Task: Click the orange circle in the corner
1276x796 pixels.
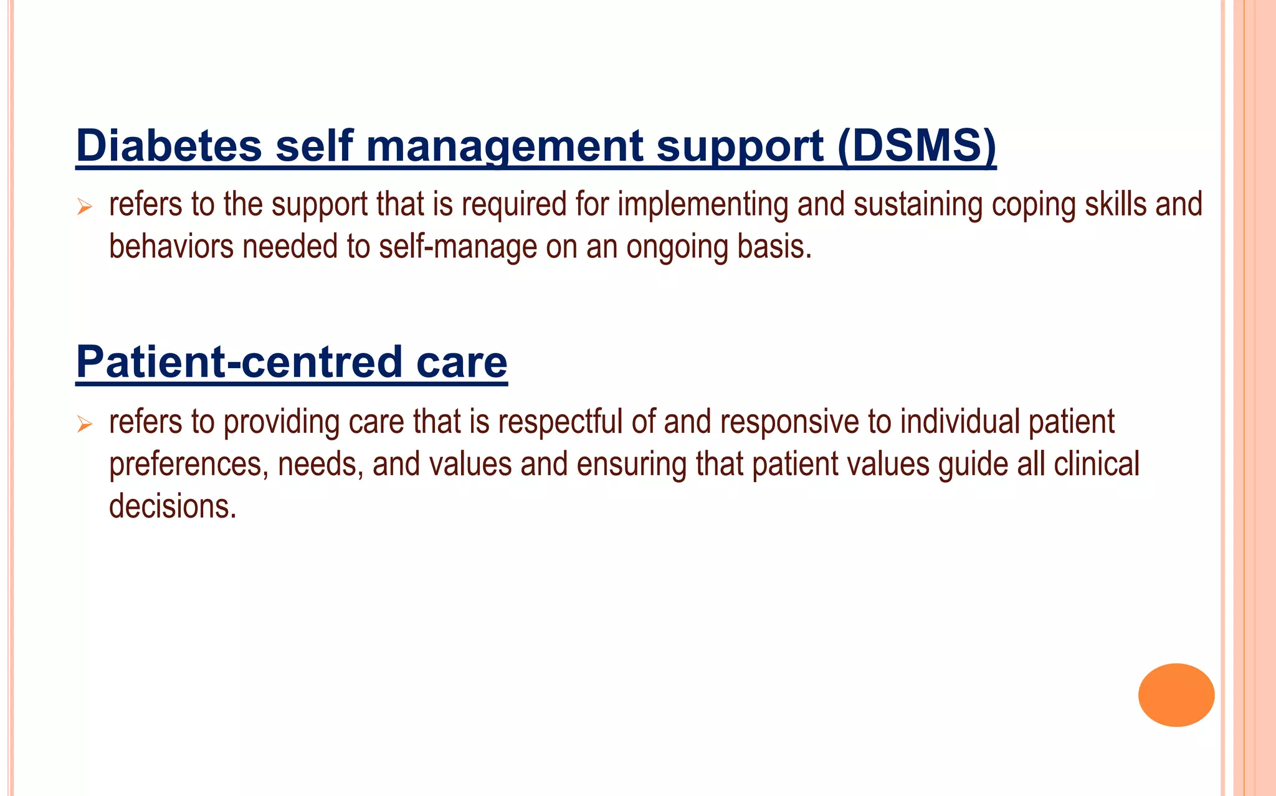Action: click(x=1176, y=694)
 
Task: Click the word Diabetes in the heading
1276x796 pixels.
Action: click(x=168, y=145)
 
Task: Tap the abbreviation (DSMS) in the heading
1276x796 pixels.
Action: click(x=916, y=145)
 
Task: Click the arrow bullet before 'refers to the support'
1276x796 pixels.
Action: click(x=85, y=206)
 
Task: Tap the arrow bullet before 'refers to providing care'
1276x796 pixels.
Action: click(x=85, y=425)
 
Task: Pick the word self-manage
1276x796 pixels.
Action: click(x=458, y=247)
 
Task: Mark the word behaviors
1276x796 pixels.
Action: click(x=171, y=247)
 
